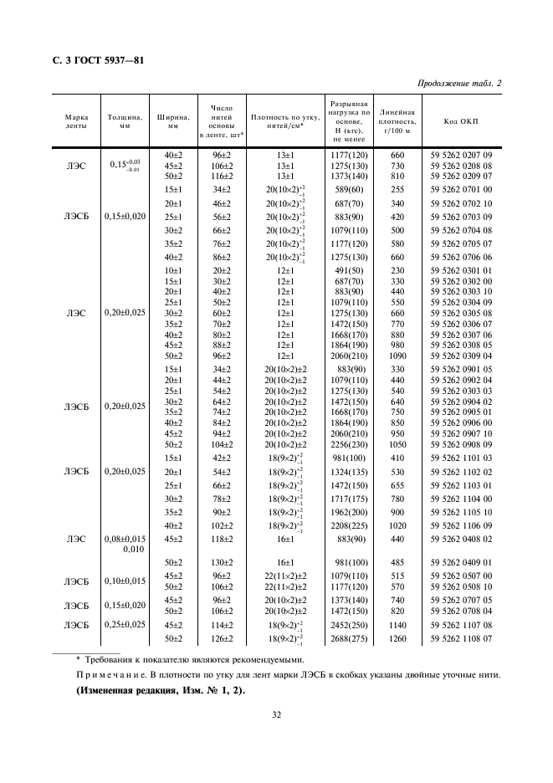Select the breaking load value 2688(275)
[x=351, y=640]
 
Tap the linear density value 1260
[x=397, y=640]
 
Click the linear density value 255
[x=397, y=190]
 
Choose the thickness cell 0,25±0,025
[x=125, y=625]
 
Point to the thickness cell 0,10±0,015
[x=125, y=581]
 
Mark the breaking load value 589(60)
[x=351, y=190]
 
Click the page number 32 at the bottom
[x=276, y=714]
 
